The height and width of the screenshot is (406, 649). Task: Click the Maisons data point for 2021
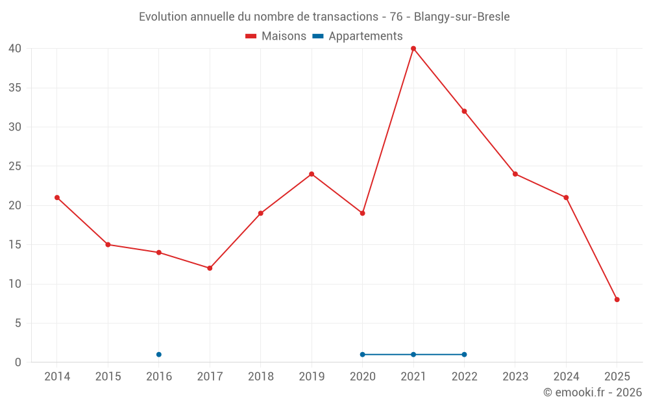(x=413, y=49)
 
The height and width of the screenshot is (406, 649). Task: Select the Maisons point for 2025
(x=617, y=299)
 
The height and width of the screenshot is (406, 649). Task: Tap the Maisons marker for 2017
(x=210, y=268)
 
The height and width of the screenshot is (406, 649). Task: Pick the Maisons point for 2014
(x=57, y=197)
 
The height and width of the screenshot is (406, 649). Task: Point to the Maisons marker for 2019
(x=312, y=174)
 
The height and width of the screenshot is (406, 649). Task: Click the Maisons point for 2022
(x=464, y=111)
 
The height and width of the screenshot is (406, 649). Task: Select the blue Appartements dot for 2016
(x=159, y=355)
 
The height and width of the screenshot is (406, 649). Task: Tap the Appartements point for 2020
(x=362, y=355)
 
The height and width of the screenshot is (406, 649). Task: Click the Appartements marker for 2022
(x=464, y=355)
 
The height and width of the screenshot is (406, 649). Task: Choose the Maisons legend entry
(x=276, y=36)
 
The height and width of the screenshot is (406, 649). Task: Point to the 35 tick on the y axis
(x=16, y=88)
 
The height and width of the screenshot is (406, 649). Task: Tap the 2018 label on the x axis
(x=260, y=377)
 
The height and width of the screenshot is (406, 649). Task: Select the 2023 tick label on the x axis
(x=515, y=377)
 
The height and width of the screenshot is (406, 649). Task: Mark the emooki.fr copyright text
(x=592, y=392)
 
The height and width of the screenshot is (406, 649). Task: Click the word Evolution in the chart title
(x=163, y=17)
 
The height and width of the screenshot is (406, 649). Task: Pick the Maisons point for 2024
(x=566, y=197)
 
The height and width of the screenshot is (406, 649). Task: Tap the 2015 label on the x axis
(x=108, y=377)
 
